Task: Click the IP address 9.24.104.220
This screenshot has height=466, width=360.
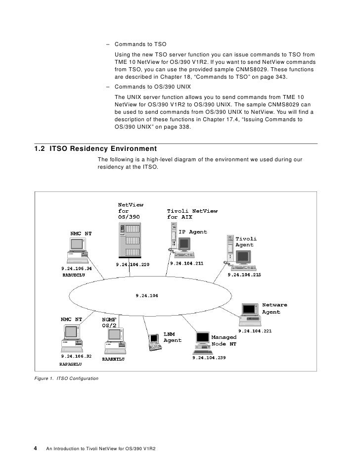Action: pos(132,265)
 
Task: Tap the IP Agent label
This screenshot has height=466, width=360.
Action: pos(192,232)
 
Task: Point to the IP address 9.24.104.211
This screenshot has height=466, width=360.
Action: pos(186,264)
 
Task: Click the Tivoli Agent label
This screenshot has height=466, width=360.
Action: pos(244,242)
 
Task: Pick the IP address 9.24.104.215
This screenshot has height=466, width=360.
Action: pos(244,275)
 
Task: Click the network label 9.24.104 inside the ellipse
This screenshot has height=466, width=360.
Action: pos(147,296)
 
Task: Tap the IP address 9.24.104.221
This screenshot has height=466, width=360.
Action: pos(255,330)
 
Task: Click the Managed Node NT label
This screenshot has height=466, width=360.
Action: pos(224,340)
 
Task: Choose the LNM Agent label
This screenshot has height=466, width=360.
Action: pos(172,337)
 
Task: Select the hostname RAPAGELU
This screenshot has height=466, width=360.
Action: pos(70,364)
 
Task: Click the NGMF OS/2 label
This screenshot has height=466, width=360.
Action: pos(109,323)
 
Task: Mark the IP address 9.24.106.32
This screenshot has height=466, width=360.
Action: pos(76,356)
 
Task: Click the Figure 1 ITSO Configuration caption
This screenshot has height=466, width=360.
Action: pos(66,378)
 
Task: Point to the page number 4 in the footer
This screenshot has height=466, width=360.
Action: pos(36,448)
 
